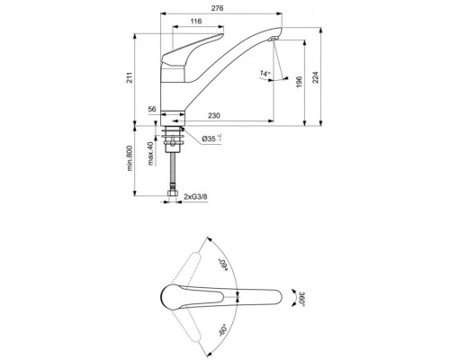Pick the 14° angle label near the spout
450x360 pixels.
[x=263, y=72]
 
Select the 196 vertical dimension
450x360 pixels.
[x=298, y=83]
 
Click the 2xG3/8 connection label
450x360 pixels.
[x=199, y=195]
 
